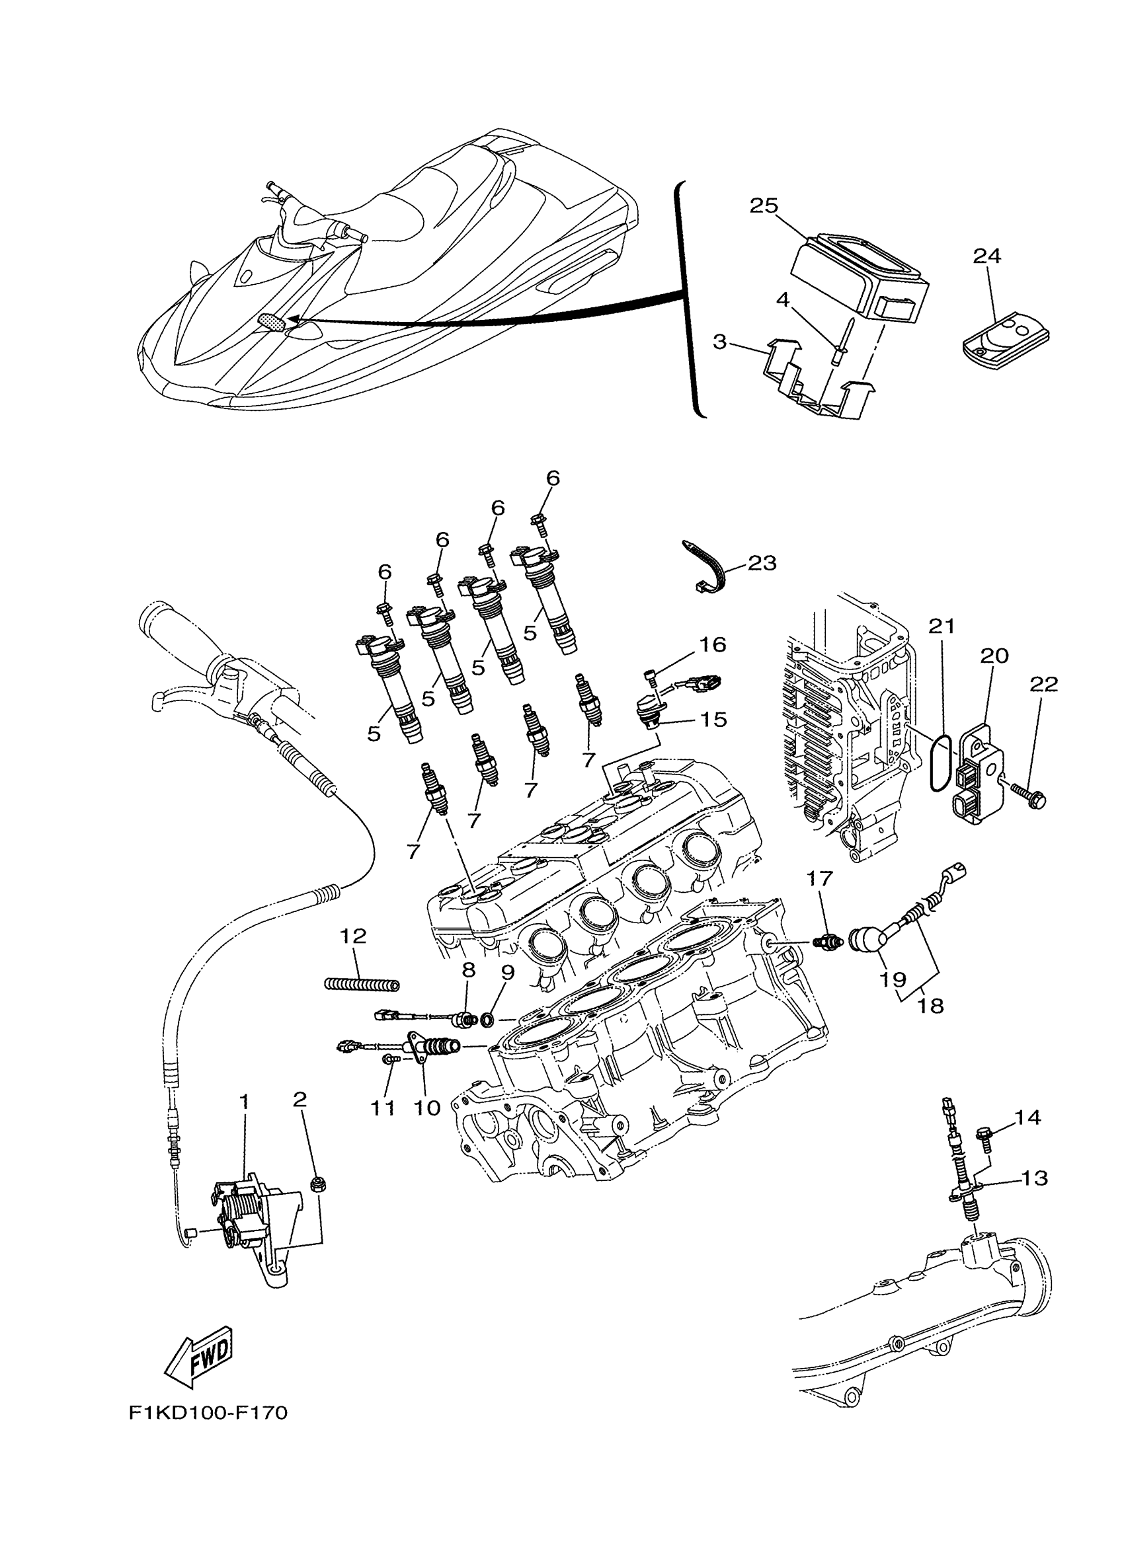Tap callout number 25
[764, 205]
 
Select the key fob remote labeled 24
[1004, 338]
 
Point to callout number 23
[762, 563]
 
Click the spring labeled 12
[361, 985]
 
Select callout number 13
[1034, 1178]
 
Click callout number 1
[243, 1102]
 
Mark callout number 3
[719, 340]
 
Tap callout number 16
[711, 644]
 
